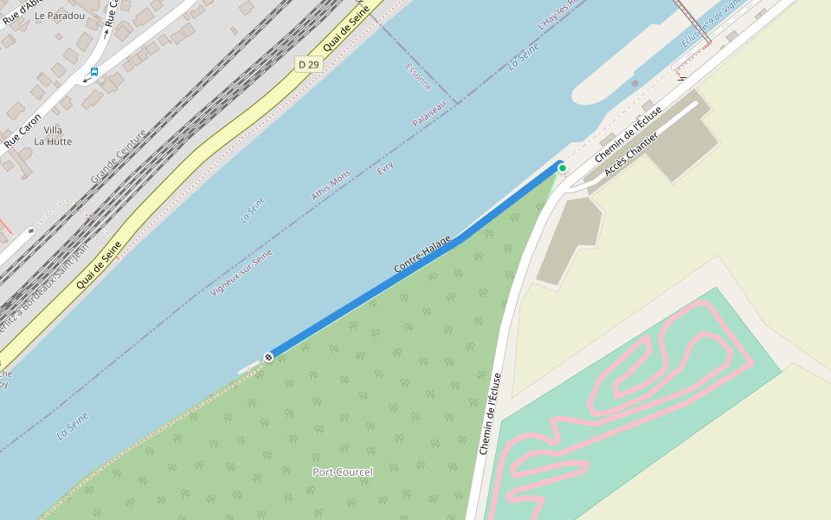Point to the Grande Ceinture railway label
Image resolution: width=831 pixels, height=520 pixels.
tap(119, 157)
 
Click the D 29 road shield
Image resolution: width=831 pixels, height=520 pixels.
tap(309, 64)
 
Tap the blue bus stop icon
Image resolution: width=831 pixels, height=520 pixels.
tap(94, 72)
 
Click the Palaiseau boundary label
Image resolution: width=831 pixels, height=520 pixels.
tap(429, 114)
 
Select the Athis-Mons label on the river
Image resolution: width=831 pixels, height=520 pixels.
tap(332, 185)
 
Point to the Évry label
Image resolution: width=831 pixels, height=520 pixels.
tap(386, 166)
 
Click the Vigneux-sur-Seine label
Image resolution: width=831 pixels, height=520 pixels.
tap(242, 272)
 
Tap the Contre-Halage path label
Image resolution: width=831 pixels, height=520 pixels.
tap(422, 255)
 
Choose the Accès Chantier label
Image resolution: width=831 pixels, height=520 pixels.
tap(631, 154)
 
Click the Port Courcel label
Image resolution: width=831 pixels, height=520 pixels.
tap(343, 471)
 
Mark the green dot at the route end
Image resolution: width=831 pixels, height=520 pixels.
tap(562, 167)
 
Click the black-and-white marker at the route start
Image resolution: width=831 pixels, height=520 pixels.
tap(269, 356)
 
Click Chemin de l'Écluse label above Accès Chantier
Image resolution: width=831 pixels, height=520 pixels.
tap(628, 133)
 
